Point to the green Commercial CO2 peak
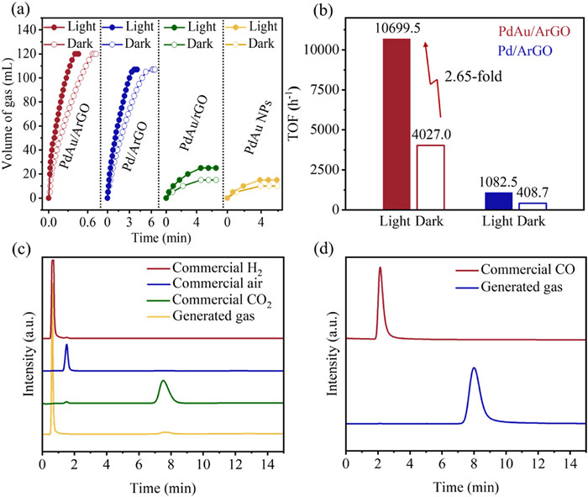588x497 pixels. click(164, 382)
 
